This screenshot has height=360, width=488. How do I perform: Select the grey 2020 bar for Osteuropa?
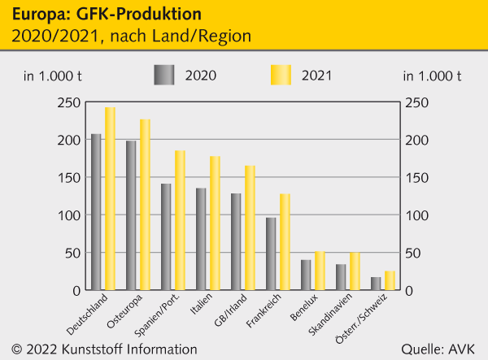click(131, 215)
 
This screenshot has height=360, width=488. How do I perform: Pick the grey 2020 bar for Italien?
click(201, 239)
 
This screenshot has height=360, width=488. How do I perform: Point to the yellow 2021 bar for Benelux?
click(320, 271)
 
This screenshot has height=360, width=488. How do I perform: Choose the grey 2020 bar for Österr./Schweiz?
click(376, 284)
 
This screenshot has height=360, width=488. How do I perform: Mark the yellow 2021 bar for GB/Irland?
click(250, 228)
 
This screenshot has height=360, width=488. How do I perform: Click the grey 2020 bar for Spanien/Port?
click(166, 236)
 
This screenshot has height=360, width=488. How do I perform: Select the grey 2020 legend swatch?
click(164, 75)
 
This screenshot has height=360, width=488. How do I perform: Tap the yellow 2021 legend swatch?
click(281, 75)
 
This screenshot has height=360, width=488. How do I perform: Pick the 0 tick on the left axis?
click(76, 290)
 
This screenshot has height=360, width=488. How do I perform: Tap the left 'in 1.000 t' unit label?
click(52, 76)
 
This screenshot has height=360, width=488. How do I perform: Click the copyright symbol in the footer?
click(16, 349)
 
